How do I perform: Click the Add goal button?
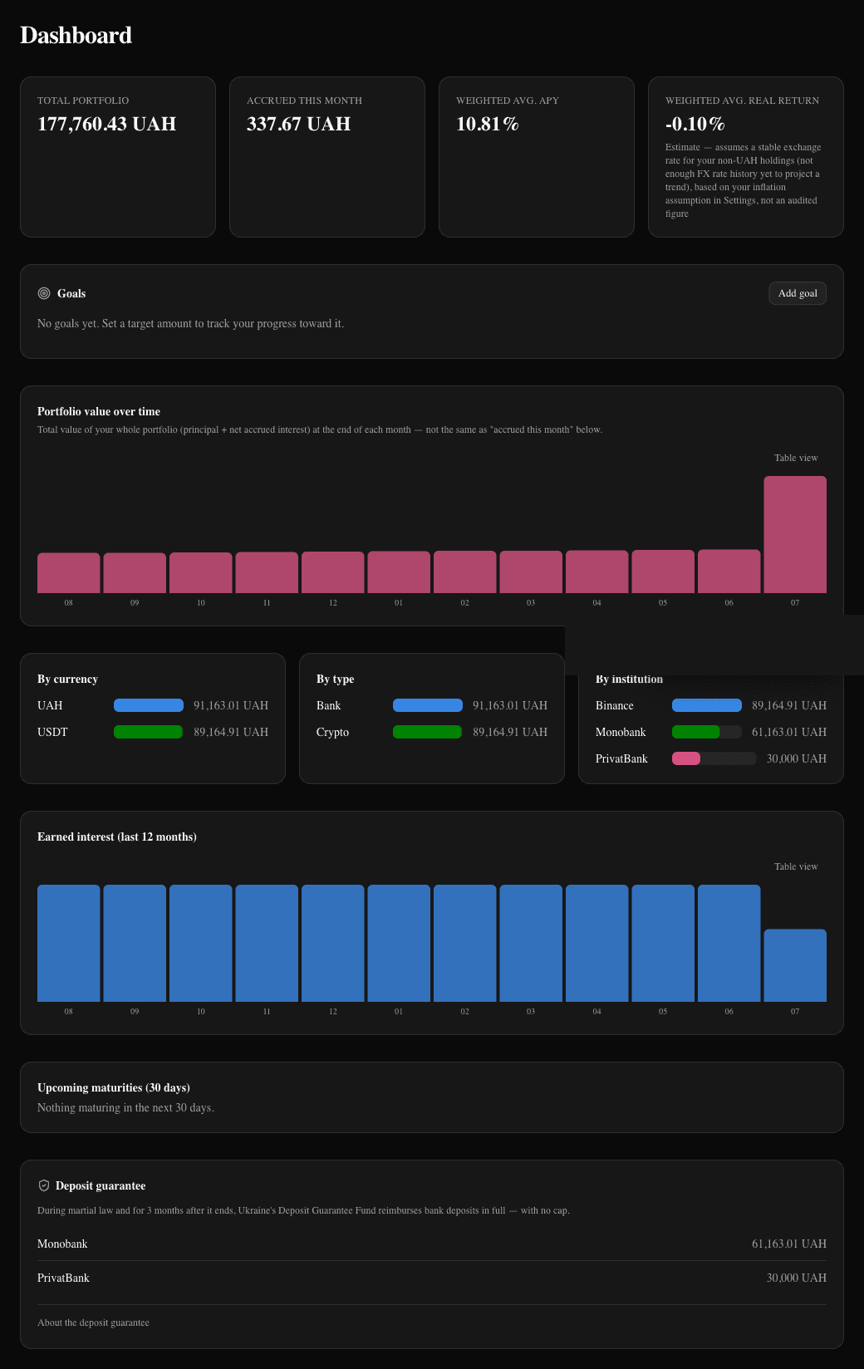tap(797, 293)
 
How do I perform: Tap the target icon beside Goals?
tap(44, 293)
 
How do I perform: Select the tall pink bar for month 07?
tap(795, 535)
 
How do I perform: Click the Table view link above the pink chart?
tap(796, 458)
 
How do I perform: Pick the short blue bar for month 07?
tap(795, 965)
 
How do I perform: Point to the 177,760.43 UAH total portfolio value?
tap(107, 124)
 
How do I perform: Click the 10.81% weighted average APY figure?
tap(487, 124)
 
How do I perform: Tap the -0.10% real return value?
tap(695, 124)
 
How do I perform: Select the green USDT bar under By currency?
tap(148, 732)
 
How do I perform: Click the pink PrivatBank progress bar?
tap(686, 758)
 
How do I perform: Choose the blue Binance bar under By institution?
tap(707, 705)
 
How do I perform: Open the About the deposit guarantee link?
tap(94, 1322)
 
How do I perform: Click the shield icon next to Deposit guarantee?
tap(44, 1185)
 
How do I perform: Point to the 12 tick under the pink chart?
tap(333, 602)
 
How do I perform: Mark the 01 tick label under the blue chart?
tap(399, 1012)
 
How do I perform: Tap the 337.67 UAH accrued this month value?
tap(299, 124)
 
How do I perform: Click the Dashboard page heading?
tap(76, 36)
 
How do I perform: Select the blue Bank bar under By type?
tap(428, 705)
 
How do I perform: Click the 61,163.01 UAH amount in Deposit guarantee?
tap(789, 1244)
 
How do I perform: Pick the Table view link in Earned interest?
tap(796, 866)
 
